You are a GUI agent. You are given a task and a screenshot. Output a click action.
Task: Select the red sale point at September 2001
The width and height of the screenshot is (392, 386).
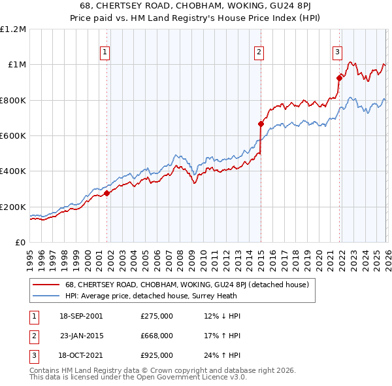pyautogui.click(x=106, y=193)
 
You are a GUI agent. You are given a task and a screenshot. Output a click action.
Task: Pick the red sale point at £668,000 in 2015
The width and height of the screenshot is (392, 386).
pyautogui.click(x=261, y=124)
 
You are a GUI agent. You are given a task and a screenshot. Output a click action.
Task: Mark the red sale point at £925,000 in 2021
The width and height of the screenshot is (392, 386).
pyautogui.click(x=339, y=78)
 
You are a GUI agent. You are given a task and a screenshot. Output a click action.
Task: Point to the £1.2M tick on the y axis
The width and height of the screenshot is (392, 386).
pyautogui.click(x=14, y=29)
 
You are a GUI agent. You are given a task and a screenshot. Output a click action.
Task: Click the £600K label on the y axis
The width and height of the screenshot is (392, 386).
pyautogui.click(x=14, y=136)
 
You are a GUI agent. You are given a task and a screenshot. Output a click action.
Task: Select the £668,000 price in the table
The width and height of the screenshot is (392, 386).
pyautogui.click(x=157, y=336)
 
